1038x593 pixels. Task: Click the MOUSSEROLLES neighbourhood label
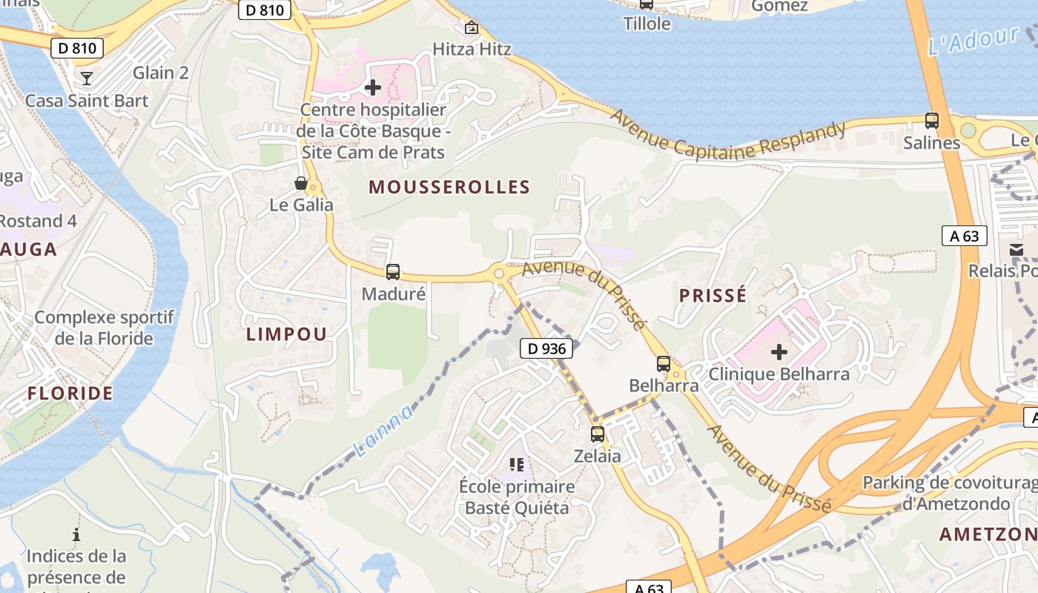(449, 187)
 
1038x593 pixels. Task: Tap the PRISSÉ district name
(713, 296)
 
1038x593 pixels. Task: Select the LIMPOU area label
(286, 334)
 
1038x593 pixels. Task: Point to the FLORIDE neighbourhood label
(70, 393)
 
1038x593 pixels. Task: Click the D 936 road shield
(546, 348)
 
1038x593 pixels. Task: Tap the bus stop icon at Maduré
(393, 272)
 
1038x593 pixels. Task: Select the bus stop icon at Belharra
(664, 364)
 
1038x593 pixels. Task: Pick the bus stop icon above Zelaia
(598, 434)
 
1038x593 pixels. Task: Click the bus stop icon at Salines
(932, 120)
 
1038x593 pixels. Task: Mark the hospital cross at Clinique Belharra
(778, 351)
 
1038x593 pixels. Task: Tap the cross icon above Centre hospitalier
(373, 87)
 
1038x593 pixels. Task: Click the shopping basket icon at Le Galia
(301, 183)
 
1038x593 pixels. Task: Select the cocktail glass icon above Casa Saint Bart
(87, 78)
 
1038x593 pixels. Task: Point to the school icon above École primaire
(517, 465)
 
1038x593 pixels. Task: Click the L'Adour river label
(973, 41)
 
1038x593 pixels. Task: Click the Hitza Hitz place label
(472, 50)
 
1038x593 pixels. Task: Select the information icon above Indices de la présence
(76, 534)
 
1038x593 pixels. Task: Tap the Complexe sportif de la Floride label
(104, 328)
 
